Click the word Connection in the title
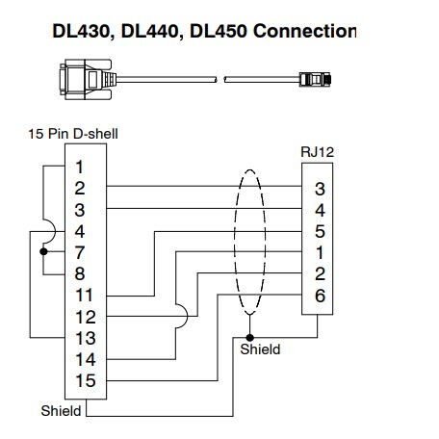tap(304, 31)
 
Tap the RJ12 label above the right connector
tap(317, 152)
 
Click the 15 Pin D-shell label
tap(73, 134)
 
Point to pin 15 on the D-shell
tap(86, 380)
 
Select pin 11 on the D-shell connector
tap(84, 296)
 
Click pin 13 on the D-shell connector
tap(86, 338)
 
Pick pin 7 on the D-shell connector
tap(80, 252)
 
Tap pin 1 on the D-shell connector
tap(79, 167)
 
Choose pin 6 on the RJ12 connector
tap(320, 296)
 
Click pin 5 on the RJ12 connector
tap(320, 231)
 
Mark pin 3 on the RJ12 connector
tap(320, 189)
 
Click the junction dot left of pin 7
tap(43, 252)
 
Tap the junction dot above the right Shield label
tap(249, 338)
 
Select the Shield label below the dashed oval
tap(260, 349)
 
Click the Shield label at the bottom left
tap(61, 411)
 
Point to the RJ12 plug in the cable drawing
tap(315, 79)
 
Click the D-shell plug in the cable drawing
tap(88, 79)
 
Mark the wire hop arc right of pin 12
tap(183, 317)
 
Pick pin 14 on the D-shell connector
tap(86, 359)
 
